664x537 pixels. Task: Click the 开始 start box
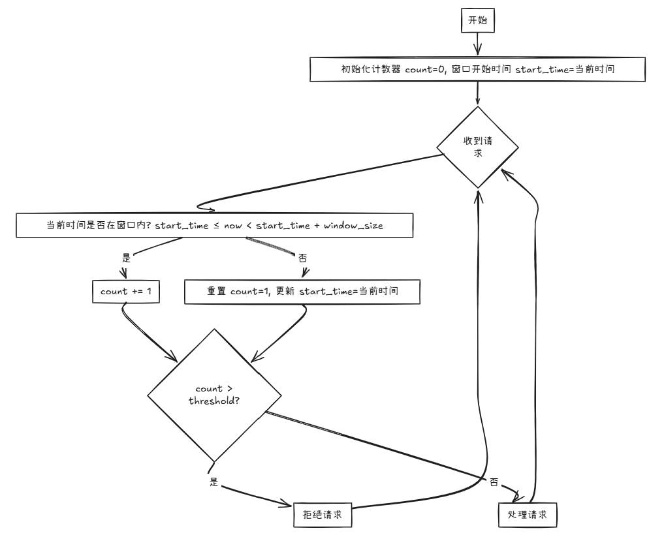coord(478,20)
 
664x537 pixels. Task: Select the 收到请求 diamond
coord(478,147)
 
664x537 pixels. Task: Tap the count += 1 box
coord(126,291)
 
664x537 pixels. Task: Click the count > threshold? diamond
coord(214,395)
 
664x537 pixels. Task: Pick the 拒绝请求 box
coord(323,515)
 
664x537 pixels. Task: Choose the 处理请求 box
coord(528,515)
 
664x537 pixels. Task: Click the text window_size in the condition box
coord(354,226)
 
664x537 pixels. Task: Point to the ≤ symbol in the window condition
coord(216,226)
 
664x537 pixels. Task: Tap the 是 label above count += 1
coord(126,257)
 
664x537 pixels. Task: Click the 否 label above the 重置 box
coord(302,258)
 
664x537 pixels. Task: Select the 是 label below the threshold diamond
coord(214,482)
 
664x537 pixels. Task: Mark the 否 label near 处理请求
coord(494,482)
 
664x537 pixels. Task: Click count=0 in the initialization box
coord(425,69)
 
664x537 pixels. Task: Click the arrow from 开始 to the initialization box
coord(478,44)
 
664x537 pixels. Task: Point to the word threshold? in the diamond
coord(214,401)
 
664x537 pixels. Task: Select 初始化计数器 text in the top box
coord(371,69)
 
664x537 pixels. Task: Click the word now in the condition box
coord(233,226)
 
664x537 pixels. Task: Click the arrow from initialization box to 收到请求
coord(478,93)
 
